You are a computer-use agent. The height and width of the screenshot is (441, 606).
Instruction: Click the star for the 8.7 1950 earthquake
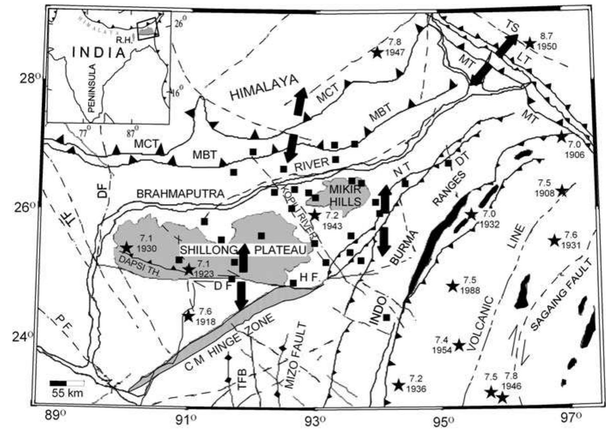pos(530,43)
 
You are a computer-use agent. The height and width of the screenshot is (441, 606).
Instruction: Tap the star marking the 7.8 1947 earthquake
pos(377,52)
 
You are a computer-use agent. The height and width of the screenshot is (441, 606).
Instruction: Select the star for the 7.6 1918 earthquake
pos(188,316)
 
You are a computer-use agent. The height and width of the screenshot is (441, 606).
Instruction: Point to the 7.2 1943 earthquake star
pos(315,215)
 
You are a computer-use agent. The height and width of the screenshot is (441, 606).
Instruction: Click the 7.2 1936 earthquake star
pos(399,385)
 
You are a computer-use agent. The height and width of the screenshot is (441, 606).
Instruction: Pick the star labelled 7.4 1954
pos(459,345)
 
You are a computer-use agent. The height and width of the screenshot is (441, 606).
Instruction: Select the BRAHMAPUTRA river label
pos(181,194)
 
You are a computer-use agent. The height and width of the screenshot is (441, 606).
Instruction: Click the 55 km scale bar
pos(66,383)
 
